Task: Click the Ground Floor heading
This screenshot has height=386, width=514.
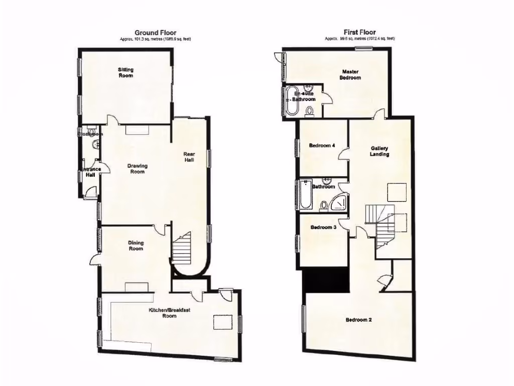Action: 155,33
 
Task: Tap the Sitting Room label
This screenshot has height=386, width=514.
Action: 125,72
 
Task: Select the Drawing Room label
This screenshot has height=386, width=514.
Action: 137,169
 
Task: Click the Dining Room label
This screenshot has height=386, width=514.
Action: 136,246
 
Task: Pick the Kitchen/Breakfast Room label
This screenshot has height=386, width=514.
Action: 169,313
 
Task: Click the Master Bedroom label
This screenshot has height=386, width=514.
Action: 350,74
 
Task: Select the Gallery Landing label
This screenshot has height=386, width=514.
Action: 380,151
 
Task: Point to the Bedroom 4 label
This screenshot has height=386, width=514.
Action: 322,146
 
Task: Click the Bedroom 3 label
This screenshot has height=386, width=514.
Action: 323,227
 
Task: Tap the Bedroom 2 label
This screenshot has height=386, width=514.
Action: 358,320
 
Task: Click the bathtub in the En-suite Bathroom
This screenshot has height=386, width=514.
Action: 291,101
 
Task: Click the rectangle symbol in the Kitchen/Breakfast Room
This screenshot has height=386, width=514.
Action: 223,322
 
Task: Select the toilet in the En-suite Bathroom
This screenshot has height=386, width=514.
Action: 310,111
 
